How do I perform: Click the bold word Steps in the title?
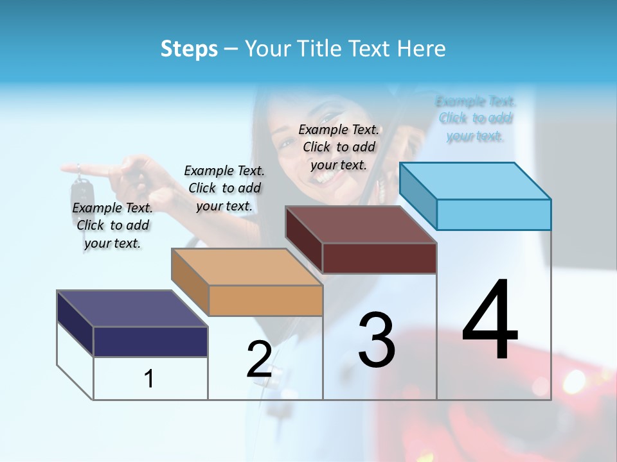coord(189,49)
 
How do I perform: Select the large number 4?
coord(490,320)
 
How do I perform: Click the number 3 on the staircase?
coord(377,340)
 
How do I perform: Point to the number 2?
coord(259,359)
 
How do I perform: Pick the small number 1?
coord(149,379)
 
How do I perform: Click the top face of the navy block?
coord(132,309)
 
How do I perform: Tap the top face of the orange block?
coord(247,267)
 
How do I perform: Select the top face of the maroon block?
coord(361,225)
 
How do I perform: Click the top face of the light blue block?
coord(476,181)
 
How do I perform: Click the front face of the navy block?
coord(150,341)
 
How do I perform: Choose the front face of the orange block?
coord(265,300)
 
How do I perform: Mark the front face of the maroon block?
coord(379,258)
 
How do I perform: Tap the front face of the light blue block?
coord(494,214)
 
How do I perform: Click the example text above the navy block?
coord(112,225)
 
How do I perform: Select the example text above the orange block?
coord(224,188)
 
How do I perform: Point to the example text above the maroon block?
coord(339,147)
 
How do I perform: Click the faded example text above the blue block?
coord(476,118)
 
